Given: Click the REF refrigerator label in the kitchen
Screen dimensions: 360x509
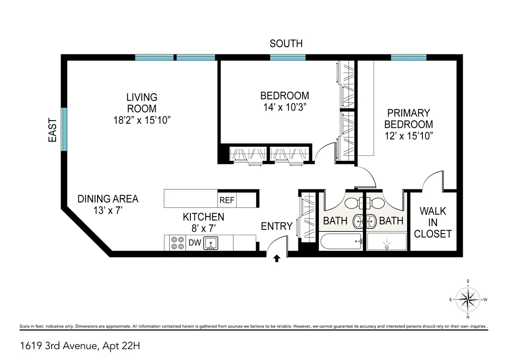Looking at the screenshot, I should click(227, 200).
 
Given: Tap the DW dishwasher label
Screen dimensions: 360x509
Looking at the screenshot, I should click(194, 243).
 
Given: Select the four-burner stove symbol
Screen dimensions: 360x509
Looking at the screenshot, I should click(177, 242).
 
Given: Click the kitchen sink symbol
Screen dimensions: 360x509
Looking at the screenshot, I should click(210, 243).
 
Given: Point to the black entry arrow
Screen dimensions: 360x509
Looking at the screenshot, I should click(277, 258).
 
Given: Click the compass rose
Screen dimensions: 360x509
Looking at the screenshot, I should click(468, 299).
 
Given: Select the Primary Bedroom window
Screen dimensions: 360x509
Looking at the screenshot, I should click(408, 57).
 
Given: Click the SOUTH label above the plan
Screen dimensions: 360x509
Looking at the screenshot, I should click(286, 43).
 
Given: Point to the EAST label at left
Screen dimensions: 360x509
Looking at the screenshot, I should click(53, 129).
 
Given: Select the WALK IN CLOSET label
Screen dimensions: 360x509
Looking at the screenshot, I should click(433, 222).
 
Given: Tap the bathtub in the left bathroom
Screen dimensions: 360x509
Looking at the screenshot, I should click(340, 242).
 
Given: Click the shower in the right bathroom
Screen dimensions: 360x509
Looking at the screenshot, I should click(386, 242).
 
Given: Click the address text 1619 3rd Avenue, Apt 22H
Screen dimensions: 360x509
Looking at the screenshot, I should click(79, 346).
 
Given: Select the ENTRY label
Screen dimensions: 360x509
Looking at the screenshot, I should click(277, 226).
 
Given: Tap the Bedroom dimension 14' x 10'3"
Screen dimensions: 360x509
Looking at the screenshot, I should click(284, 107).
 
